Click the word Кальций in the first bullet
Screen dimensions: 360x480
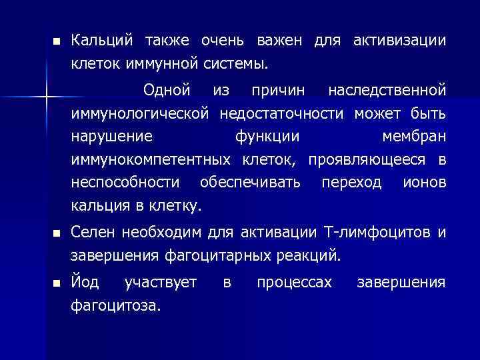click(x=102, y=41)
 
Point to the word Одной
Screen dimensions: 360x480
click(x=167, y=89)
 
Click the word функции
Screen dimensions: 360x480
click(x=267, y=136)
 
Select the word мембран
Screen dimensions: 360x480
click(x=413, y=136)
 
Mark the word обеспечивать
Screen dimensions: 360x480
click(x=250, y=183)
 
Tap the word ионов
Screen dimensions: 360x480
click(x=424, y=183)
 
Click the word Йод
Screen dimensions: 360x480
click(x=86, y=283)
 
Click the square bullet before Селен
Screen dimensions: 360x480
click(x=56, y=233)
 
